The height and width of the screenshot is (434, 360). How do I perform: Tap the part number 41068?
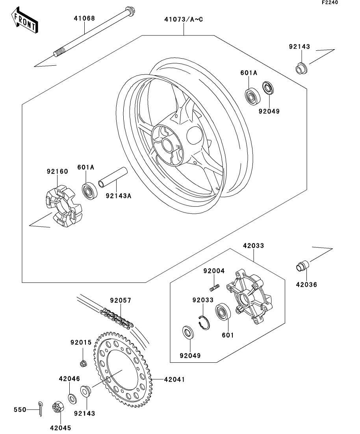click(84, 18)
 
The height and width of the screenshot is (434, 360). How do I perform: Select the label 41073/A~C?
click(184, 19)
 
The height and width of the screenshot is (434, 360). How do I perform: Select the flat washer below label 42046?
click(72, 398)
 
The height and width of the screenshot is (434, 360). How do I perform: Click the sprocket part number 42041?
click(174, 379)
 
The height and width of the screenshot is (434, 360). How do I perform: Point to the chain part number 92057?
click(121, 301)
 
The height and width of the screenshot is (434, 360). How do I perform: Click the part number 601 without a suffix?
click(228, 335)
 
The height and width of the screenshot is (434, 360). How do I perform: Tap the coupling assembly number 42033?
click(253, 246)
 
